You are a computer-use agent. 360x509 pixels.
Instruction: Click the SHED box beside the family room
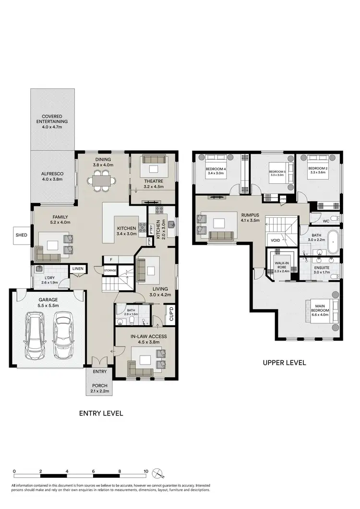(x=22, y=235)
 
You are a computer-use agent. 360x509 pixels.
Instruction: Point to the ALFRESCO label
(x=54, y=176)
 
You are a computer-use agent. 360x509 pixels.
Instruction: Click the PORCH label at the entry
(x=99, y=388)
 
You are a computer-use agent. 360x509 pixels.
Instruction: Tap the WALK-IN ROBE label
(x=282, y=267)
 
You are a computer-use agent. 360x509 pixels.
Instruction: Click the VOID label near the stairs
(x=275, y=240)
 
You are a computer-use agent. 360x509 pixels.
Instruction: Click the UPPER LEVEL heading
(x=284, y=363)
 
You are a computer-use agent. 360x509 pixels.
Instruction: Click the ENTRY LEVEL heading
(x=101, y=413)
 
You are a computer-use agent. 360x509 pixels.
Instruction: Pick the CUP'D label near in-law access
(x=170, y=314)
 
